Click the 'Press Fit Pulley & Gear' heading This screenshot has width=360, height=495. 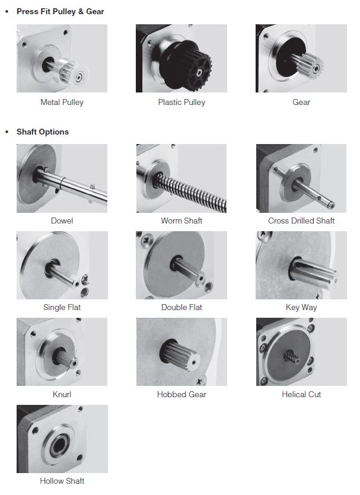coord(60,12)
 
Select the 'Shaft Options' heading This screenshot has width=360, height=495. coord(43,132)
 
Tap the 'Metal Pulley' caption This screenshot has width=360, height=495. coord(62,103)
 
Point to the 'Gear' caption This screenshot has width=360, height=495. coord(301,103)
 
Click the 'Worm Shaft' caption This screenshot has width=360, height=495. coord(181,221)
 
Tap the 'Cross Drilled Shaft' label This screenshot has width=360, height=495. coord(301,221)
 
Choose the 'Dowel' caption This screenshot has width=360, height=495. coord(62,221)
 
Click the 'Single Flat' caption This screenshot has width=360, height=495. coord(62,308)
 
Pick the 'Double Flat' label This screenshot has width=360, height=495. coord(181,308)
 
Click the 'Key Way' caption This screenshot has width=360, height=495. coord(301,308)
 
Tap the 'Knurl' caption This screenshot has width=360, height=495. coord(62,394)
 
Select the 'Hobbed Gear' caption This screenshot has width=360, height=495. coord(181,394)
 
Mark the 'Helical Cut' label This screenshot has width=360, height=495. coord(301,394)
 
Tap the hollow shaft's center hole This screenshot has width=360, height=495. coord(59,445)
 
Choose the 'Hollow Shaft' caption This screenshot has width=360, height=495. coord(62,481)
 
